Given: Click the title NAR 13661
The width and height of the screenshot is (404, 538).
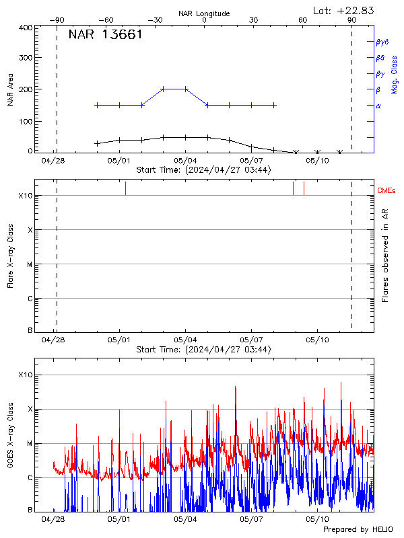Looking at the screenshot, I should (x=105, y=36).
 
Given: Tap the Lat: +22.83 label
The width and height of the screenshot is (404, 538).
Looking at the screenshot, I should (x=344, y=10).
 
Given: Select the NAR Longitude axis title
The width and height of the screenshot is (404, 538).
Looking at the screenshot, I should (x=204, y=13).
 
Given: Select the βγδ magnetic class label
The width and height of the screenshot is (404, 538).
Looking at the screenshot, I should (x=382, y=41).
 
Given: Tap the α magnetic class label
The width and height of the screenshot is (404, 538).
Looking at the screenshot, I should (x=378, y=106).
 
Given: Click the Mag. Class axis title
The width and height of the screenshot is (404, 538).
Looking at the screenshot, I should (x=395, y=75).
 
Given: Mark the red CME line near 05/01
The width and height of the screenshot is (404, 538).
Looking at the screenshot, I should (x=125, y=188).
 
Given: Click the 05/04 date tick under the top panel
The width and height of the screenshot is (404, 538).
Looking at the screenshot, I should (x=185, y=161).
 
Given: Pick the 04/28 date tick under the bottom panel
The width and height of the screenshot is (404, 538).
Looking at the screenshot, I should (x=53, y=520).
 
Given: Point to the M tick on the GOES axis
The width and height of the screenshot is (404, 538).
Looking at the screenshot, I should (x=30, y=444).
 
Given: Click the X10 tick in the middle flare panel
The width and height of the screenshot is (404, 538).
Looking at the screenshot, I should (x=26, y=196).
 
